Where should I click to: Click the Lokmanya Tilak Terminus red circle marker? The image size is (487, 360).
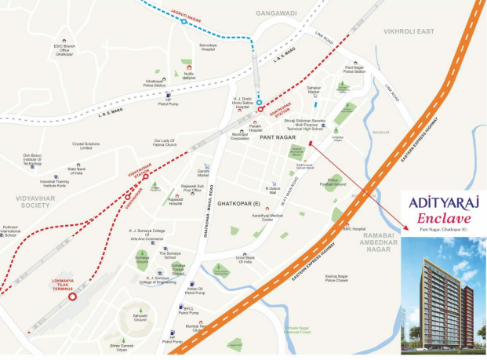click(72, 296)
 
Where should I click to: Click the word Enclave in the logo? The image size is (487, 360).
click(442, 215)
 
